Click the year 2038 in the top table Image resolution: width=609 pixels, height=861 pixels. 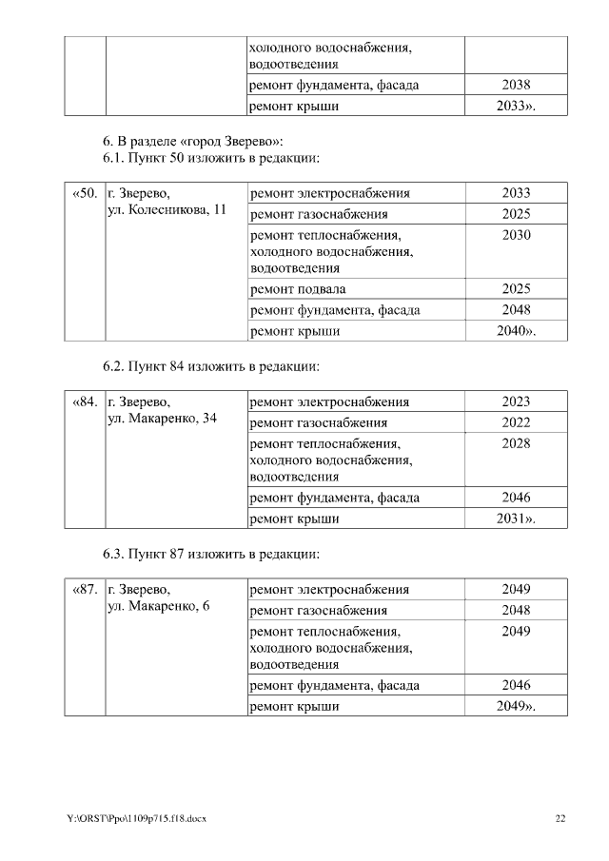(516, 86)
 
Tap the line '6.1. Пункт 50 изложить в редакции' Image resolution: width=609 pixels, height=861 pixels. (210, 157)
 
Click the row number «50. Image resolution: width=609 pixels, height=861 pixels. (85, 194)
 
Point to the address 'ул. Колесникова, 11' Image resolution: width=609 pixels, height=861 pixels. (167, 210)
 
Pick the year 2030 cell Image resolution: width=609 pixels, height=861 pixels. (516, 235)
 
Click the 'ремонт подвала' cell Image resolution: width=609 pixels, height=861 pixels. (298, 289)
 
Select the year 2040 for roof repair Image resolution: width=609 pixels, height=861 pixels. (516, 332)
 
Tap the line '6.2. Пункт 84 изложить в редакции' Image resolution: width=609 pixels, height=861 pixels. (210, 365)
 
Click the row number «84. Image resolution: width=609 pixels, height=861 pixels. (85, 402)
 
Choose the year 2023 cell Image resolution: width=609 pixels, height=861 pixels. (516, 402)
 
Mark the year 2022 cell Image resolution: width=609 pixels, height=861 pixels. (516, 422)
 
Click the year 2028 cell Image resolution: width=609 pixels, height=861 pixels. (516, 443)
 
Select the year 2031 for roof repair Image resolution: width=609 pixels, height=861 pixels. (516, 519)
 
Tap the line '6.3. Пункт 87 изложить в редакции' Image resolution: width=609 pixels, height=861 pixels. (210, 553)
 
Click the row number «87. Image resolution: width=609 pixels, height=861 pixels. (85, 590)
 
